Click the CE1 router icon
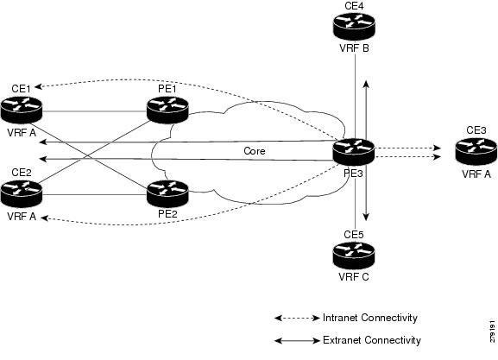[x=22, y=110]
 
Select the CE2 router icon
[x=22, y=193]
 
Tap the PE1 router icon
[x=167, y=110]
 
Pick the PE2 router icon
[x=167, y=193]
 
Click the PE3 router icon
[x=354, y=152]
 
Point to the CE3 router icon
[x=476, y=152]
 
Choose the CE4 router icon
[x=354, y=26]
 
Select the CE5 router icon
[x=354, y=256]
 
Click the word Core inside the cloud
[x=255, y=150]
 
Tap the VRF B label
[x=354, y=48]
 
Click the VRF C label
[x=354, y=277]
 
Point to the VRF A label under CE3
[x=476, y=174]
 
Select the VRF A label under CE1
[x=22, y=132]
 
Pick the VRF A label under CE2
[x=22, y=217]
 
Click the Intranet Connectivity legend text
[x=370, y=318]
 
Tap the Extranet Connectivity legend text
[x=372, y=340]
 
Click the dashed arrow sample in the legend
[x=297, y=318]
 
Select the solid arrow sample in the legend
[x=297, y=341]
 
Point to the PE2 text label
[x=167, y=214]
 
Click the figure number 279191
[x=492, y=332]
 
